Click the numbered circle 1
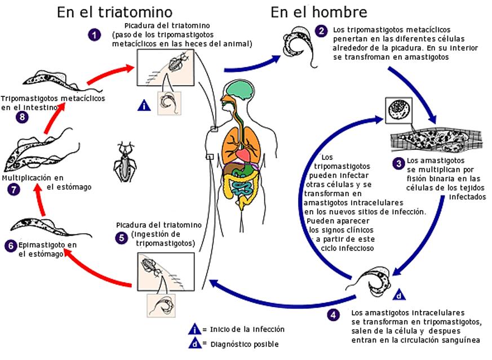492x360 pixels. pyautogui.click(x=94, y=35)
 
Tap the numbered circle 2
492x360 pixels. pyautogui.click(x=321, y=32)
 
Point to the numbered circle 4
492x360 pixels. pyautogui.click(x=334, y=315)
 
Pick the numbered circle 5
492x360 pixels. pyautogui.click(x=122, y=237)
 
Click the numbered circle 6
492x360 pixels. pyautogui.click(x=10, y=246)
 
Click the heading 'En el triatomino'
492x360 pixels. pyautogui.click(x=114, y=12)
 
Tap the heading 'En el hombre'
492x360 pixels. pyautogui.click(x=318, y=12)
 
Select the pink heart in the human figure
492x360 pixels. pyautogui.click(x=243, y=153)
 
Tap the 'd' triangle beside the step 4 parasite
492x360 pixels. pyautogui.click(x=398, y=294)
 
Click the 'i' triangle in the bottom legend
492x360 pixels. pyautogui.click(x=195, y=330)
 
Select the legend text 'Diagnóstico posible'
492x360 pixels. pyautogui.click(x=244, y=344)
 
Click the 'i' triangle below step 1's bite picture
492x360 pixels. pyautogui.click(x=144, y=105)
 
